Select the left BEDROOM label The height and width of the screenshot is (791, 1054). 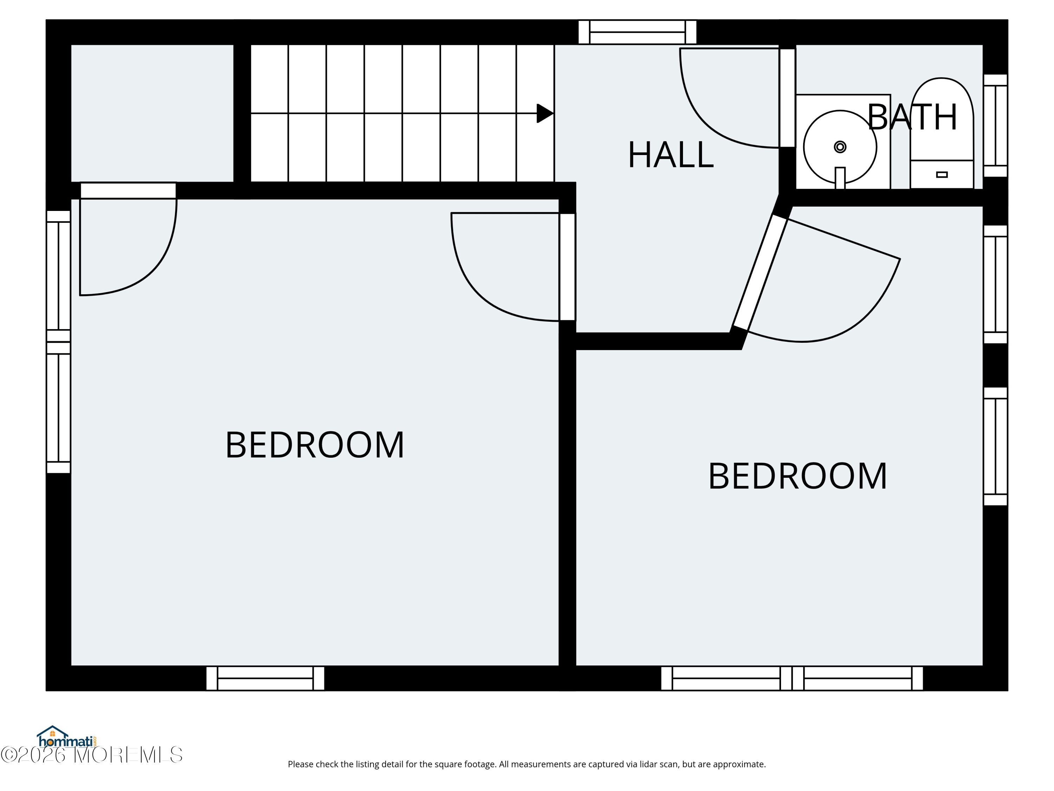pyautogui.click(x=314, y=445)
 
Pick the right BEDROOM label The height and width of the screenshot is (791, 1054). pyautogui.click(x=798, y=476)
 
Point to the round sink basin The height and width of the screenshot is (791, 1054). pyautogui.click(x=840, y=147)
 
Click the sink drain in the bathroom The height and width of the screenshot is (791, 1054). pyautogui.click(x=840, y=147)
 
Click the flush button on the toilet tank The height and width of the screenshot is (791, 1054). pyautogui.click(x=942, y=174)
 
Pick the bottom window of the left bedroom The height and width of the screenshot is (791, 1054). pyautogui.click(x=265, y=678)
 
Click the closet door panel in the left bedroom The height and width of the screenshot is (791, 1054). pyautogui.click(x=128, y=191)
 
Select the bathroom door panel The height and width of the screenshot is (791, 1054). pyautogui.click(x=788, y=98)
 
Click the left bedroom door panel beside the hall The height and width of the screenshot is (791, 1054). pyautogui.click(x=567, y=267)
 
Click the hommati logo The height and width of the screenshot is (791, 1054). pyautogui.click(x=67, y=737)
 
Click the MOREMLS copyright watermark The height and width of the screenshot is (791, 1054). pyautogui.click(x=91, y=755)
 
